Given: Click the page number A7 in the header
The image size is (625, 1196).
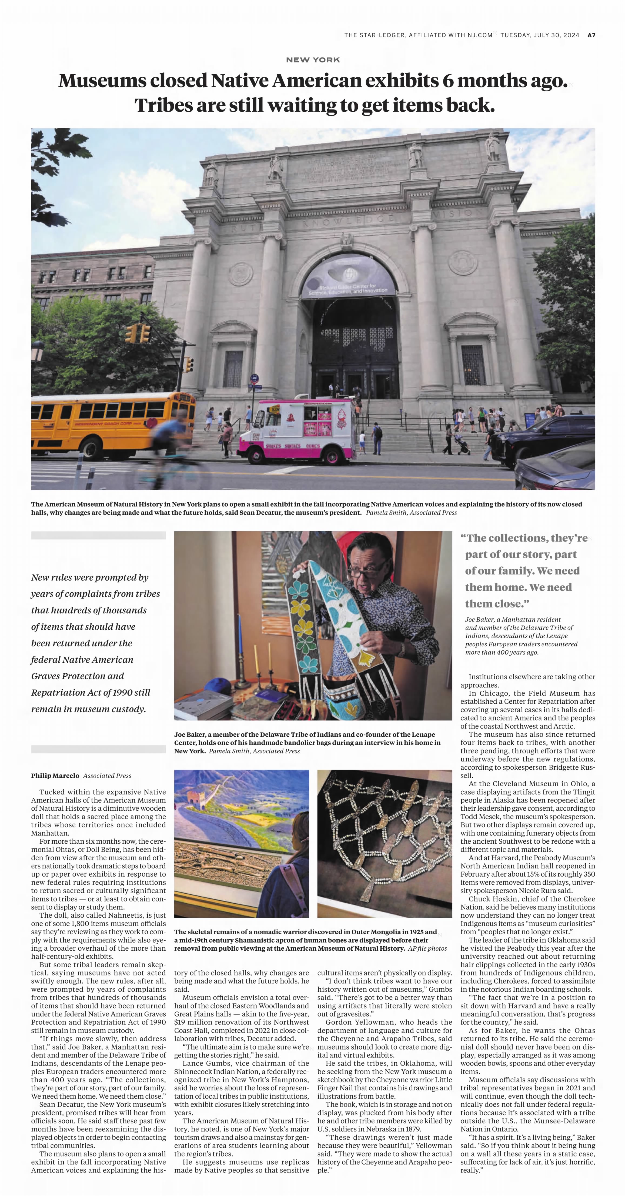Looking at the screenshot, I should coord(591,35).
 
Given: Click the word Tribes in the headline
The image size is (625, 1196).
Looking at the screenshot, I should coord(162,105).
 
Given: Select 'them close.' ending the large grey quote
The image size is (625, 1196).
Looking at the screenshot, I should coord(497,604).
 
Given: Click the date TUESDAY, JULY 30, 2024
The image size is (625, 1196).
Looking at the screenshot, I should coord(540,35).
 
